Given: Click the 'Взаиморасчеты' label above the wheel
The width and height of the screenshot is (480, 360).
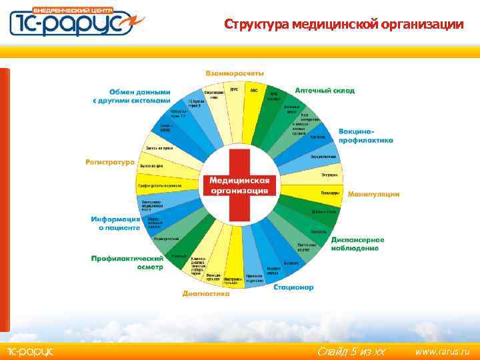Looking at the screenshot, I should tap(234, 73).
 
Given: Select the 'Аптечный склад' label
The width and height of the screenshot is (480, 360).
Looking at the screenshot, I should tap(325, 90).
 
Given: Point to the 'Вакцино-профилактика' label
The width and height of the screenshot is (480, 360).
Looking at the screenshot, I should tap(365, 135).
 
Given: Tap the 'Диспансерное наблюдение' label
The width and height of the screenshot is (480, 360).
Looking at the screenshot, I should tap(357, 243).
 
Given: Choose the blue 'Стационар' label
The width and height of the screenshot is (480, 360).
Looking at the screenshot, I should tap(293, 287).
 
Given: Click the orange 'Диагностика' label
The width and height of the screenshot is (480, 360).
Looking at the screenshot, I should tap(206, 293).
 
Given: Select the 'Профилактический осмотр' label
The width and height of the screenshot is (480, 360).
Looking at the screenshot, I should tap(127, 262).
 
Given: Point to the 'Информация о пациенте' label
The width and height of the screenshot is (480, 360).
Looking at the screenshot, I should tap(115, 223).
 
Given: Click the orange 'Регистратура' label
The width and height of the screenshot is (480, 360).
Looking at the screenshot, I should tap(109, 161).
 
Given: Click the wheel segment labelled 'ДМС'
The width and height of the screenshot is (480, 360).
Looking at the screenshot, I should tap(234, 89).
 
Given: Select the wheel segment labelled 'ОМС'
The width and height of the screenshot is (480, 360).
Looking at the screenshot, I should tap(254, 91).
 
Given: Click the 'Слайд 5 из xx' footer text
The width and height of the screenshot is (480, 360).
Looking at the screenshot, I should tap(351, 351).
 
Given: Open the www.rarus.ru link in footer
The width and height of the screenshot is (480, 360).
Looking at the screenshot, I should tap(442, 351).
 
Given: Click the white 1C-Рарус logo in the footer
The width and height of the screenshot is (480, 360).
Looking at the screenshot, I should tap(30, 351).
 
